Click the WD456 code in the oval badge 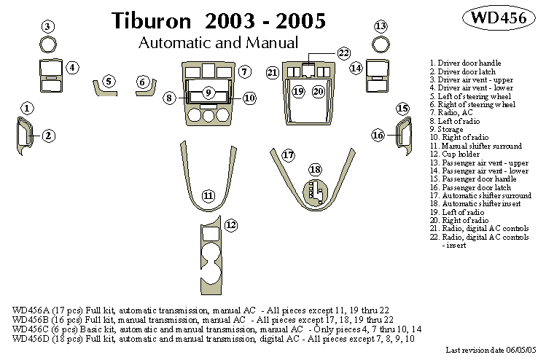[x=496, y=18]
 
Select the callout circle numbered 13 [x=380, y=27]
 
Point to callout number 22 [x=343, y=52]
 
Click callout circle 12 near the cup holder [x=231, y=225]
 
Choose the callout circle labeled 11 [x=208, y=196]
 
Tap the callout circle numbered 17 [x=289, y=155]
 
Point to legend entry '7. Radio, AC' [x=451, y=112]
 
